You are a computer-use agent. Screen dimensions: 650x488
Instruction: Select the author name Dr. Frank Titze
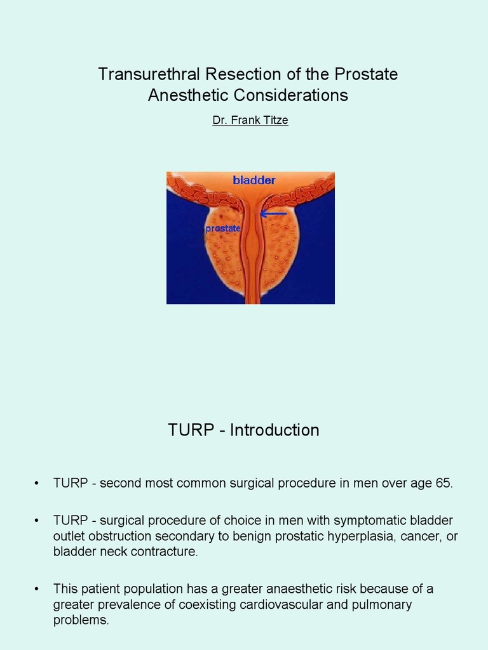250,120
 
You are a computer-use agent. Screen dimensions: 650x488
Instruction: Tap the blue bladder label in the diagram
254,180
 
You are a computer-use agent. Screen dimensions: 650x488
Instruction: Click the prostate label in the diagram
222,228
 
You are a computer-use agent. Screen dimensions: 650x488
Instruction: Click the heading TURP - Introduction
243,430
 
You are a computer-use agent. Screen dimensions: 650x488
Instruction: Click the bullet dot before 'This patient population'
37,588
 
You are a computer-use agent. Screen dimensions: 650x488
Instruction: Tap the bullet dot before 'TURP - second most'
37,484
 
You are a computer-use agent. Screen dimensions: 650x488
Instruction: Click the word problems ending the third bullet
81,620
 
